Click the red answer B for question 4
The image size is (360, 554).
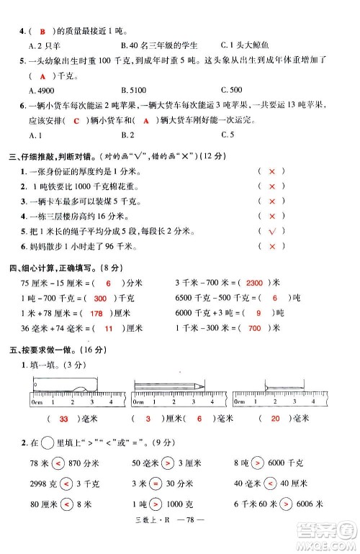pyautogui.click(x=42, y=31)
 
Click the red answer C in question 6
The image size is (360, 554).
pyautogui.click(x=76, y=121)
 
